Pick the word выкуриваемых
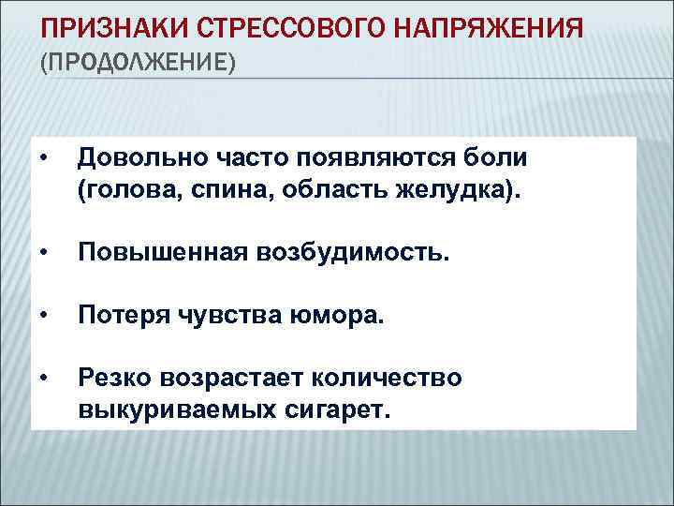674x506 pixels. pos(174,411)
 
